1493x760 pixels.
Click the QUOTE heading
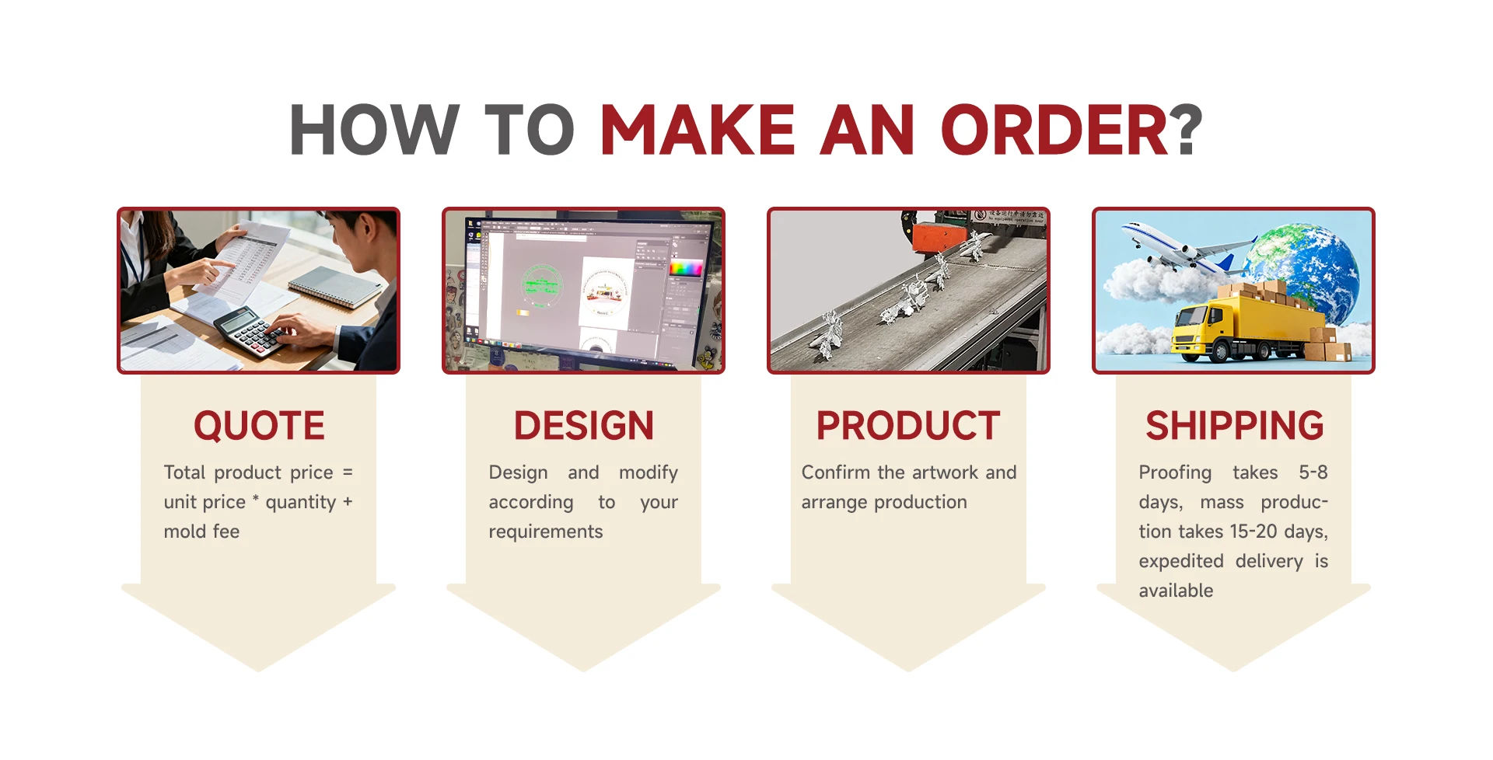click(x=259, y=426)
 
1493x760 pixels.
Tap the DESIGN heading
click(x=584, y=426)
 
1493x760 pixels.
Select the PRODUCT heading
click(x=908, y=426)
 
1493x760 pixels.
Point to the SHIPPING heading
click(x=1234, y=426)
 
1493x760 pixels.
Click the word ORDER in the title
click(x=1054, y=130)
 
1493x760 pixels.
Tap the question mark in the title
click(x=1187, y=130)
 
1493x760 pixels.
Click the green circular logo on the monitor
click(x=542, y=283)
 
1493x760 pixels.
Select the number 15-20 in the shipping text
click(x=1253, y=532)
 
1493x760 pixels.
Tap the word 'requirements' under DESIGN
click(x=546, y=532)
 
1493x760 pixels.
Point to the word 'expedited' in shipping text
click(x=1181, y=562)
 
